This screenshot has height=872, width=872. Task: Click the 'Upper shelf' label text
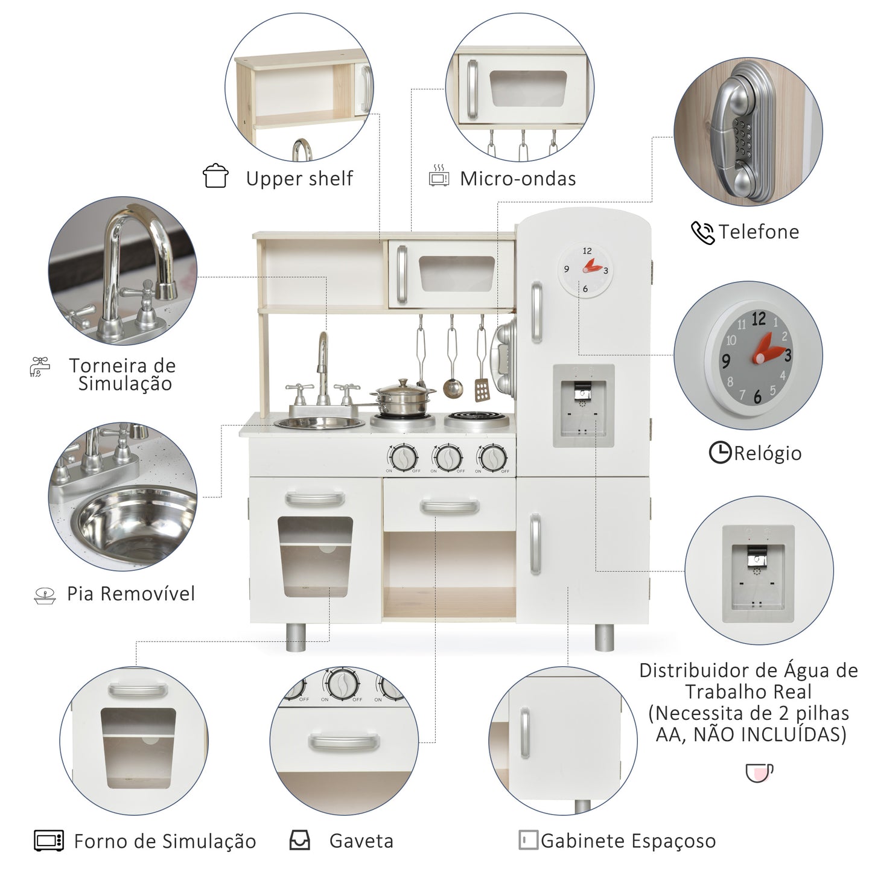299,179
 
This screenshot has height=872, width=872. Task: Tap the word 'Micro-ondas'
518,179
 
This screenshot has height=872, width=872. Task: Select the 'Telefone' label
759,232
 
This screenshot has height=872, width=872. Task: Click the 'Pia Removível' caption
131,594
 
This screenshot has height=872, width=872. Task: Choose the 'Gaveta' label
361,841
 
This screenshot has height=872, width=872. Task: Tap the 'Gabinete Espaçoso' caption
628,841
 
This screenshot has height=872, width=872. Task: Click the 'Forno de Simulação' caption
165,841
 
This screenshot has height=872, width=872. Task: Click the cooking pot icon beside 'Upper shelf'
215,176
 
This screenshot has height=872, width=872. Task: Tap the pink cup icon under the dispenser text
759,772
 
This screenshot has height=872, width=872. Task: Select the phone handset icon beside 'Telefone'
702,232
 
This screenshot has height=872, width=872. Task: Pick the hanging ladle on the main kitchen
453,387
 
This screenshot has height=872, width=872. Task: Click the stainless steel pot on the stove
403,398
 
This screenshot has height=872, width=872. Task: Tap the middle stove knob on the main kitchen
448,457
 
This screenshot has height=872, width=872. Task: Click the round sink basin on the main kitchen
319,422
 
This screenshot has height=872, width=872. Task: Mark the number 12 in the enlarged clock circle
759,319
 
